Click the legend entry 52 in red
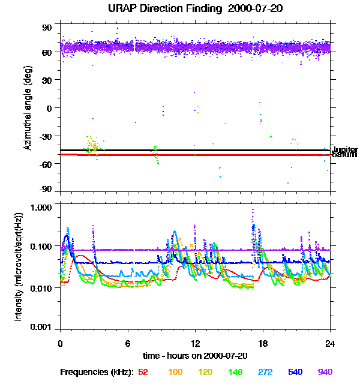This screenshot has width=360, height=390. pos(143,372)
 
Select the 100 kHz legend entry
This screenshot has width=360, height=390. pos(175,372)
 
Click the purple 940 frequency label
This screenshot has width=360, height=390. pos(325,372)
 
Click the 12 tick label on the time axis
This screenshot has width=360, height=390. pos(195,344)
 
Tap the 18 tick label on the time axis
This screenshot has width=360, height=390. pos(263,344)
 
